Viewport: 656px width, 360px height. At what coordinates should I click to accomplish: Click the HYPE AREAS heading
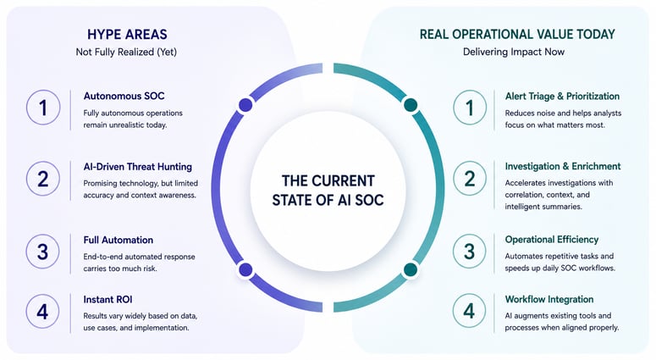[127, 35]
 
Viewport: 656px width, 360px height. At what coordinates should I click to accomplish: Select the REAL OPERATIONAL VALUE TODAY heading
[517, 35]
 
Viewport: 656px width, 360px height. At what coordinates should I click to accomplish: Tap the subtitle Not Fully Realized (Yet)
[126, 52]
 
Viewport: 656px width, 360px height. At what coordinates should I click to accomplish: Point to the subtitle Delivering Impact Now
[514, 52]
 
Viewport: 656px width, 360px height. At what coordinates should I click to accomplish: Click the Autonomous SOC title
[124, 96]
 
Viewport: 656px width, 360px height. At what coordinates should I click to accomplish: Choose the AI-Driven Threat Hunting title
[138, 167]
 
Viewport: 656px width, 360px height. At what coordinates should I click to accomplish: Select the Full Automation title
[118, 240]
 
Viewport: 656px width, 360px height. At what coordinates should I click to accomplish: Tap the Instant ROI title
[107, 299]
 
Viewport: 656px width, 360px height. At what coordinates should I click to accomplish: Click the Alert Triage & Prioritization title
[562, 97]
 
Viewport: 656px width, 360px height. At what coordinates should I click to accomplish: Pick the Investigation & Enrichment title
[563, 166]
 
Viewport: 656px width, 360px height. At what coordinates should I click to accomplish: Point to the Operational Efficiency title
[551, 240]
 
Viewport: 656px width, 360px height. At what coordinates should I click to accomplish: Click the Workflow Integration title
[549, 299]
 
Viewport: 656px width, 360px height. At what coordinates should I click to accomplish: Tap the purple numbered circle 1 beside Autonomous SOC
[43, 108]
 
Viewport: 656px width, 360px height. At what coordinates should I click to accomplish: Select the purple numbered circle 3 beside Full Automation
[42, 252]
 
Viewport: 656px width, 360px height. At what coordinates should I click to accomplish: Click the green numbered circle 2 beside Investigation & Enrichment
[470, 179]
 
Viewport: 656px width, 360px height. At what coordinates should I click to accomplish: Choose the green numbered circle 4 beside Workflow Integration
[469, 311]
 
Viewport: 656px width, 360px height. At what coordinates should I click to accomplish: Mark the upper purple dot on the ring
[245, 105]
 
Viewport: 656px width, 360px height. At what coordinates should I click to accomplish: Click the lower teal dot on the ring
[411, 269]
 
